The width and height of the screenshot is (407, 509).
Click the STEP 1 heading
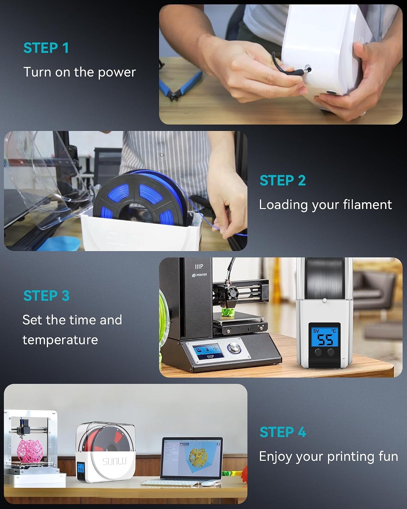coord(46,48)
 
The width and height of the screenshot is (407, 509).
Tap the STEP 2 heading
coord(283,181)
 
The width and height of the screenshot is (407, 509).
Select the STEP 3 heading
coord(46,296)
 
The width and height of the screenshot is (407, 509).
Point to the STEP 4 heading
coord(283,432)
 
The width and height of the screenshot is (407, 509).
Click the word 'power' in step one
coord(117,73)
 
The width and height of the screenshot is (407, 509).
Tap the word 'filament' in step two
coord(368,205)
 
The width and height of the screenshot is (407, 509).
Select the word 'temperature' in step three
coord(60,340)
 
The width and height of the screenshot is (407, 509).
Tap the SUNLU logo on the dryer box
coord(114,461)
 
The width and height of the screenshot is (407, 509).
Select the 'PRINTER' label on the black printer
coord(199,275)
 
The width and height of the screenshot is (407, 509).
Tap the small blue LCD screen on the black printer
coord(208,352)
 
